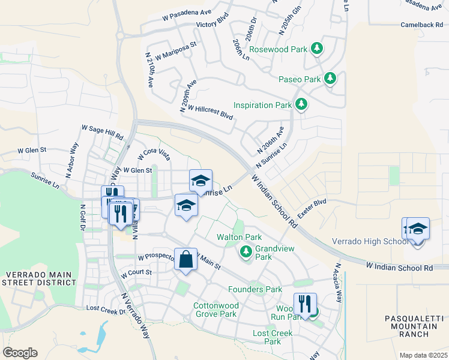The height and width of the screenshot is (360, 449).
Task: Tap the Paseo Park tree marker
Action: [330, 79]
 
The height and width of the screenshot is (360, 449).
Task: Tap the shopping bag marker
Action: [185, 260]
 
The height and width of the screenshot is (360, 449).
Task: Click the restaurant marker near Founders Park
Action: [305, 304]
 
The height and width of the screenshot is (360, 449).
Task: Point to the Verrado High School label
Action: [370, 241]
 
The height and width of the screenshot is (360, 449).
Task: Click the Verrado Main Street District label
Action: [40, 278]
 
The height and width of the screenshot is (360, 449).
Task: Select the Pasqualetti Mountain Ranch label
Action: [411, 326]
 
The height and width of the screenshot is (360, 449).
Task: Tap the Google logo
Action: [20, 353]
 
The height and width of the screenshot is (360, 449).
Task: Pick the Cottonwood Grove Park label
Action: [215, 310]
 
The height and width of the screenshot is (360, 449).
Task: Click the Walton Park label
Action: [239, 238]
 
